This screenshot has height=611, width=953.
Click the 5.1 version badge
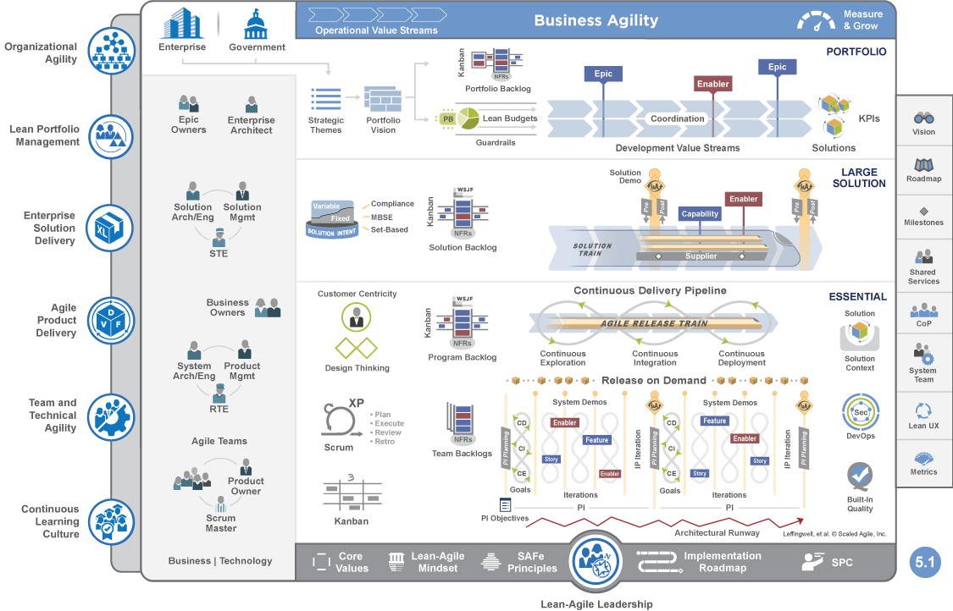coord(924,562)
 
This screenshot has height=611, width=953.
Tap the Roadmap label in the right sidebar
coord(923,179)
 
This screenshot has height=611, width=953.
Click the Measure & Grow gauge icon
coord(816,20)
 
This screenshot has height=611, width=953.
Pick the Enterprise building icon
coord(182,24)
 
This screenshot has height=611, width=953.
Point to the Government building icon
coord(256,24)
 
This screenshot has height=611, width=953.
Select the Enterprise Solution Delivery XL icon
coord(111,228)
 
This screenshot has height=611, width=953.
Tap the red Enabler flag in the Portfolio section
coord(712,84)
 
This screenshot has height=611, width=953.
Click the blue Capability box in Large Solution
coord(700,214)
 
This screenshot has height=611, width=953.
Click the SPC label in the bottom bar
coord(842,562)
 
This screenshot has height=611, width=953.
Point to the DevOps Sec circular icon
coord(860,412)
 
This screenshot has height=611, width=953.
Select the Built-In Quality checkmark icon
coord(860,476)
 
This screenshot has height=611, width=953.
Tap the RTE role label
coord(219,409)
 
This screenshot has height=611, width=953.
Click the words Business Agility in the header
coord(596,20)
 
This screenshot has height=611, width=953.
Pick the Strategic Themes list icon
coord(325,99)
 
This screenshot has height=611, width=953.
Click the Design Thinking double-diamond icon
coord(357,348)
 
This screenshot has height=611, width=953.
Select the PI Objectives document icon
coord(505,504)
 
